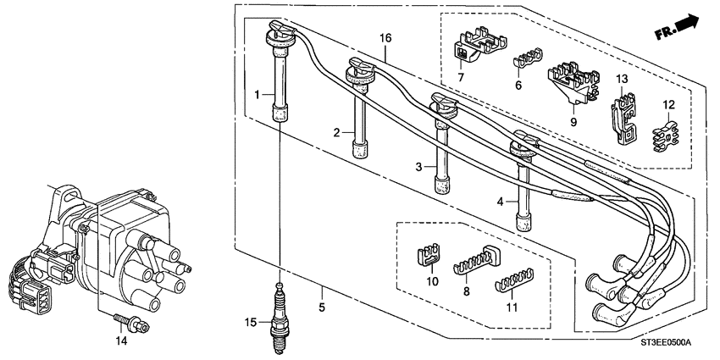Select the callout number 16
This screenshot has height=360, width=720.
pos(385,38)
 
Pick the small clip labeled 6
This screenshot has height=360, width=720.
pos(527,63)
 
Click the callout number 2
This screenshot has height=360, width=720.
pos(336,132)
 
